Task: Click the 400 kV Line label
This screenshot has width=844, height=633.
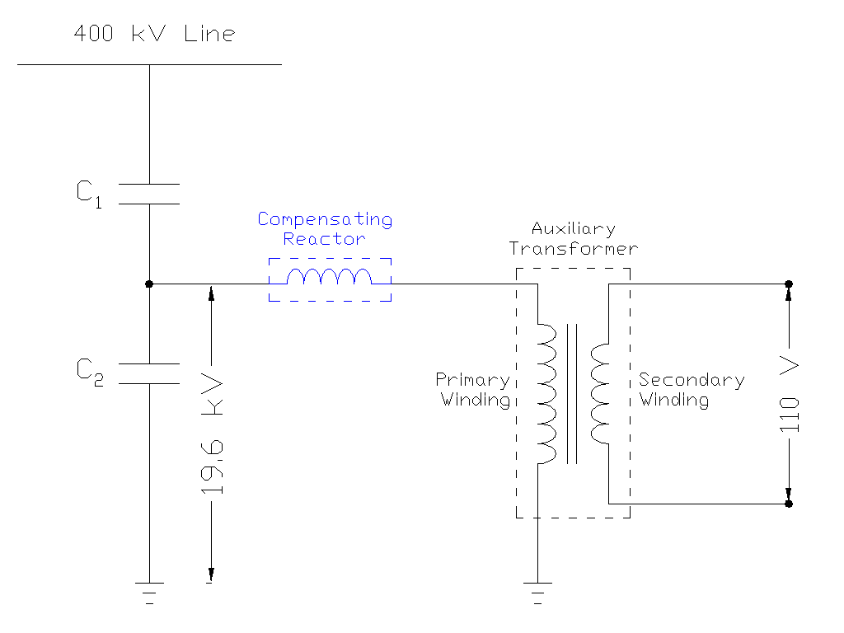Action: click(x=154, y=34)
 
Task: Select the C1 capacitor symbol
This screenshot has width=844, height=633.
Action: click(x=149, y=194)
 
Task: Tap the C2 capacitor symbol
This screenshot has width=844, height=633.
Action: click(x=149, y=373)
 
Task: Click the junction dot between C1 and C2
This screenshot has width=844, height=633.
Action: click(x=149, y=284)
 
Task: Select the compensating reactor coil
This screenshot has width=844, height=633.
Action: click(x=330, y=279)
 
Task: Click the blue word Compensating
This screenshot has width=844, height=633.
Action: click(x=325, y=220)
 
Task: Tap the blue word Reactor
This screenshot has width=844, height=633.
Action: click(x=324, y=239)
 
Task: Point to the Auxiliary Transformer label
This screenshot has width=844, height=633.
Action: click(x=574, y=238)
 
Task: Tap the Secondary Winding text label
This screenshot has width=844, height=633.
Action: click(x=691, y=390)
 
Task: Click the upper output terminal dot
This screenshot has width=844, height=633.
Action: click(x=789, y=284)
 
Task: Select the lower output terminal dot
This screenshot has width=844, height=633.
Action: click(x=789, y=504)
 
